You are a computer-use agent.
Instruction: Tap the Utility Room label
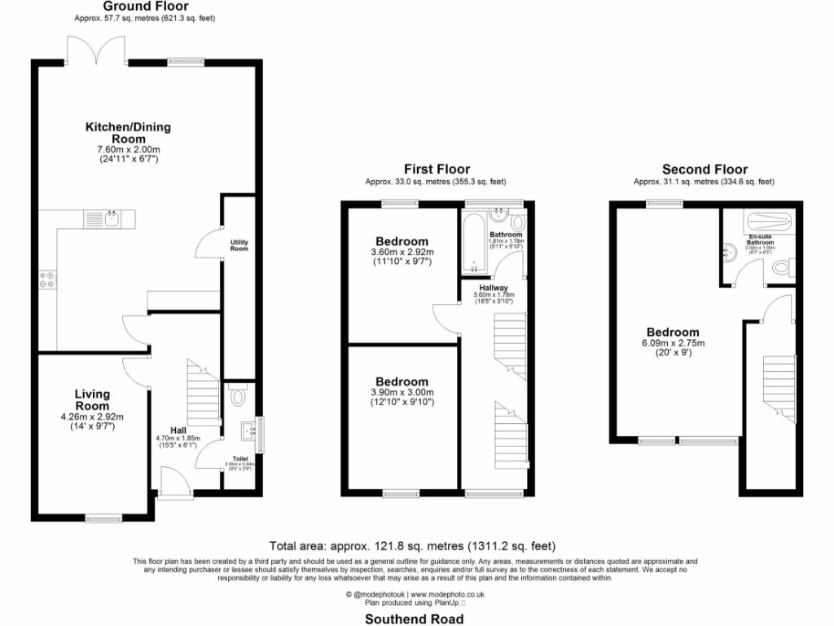click(239, 245)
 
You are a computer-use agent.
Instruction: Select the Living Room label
click(92, 400)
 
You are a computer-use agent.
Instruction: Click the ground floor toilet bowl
click(238, 397)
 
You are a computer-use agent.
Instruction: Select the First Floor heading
click(437, 170)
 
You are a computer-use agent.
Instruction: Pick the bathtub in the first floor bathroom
click(474, 244)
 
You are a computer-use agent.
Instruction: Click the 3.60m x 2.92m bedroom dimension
click(402, 253)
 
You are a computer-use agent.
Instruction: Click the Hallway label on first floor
click(494, 288)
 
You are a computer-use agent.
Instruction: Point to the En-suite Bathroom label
click(761, 240)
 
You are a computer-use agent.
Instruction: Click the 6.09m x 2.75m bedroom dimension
click(672, 343)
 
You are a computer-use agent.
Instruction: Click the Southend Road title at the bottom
click(415, 619)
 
